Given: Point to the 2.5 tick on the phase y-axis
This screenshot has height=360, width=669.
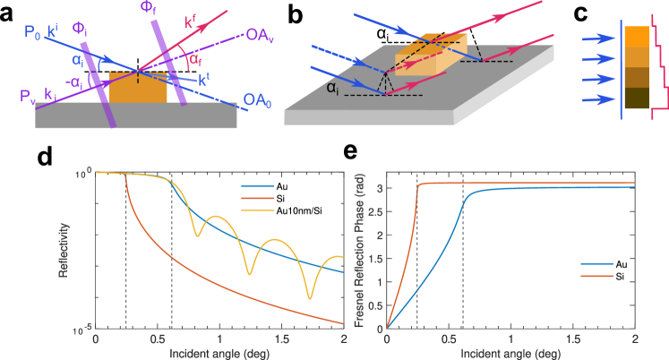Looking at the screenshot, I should [378, 211].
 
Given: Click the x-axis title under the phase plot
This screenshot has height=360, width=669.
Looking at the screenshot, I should [510, 352].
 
